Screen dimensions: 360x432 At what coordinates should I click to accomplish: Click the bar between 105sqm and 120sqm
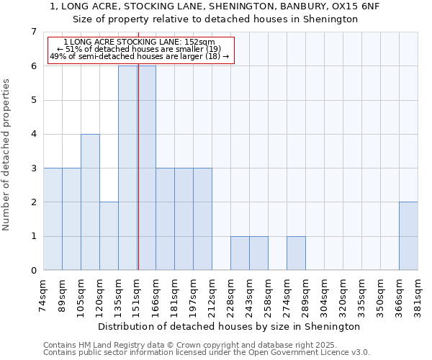click(90, 202)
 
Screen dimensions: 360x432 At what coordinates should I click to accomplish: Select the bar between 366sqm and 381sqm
click(408, 236)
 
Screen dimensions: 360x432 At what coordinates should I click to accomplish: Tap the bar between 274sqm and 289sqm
click(296, 253)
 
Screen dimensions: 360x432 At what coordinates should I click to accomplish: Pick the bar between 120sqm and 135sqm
click(109, 236)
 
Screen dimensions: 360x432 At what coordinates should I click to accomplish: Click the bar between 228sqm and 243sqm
click(240, 253)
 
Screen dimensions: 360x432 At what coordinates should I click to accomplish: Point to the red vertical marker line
click(138, 166)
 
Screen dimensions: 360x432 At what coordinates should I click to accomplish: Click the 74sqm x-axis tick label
click(45, 294)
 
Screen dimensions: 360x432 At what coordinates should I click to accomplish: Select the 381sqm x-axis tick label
click(418, 294)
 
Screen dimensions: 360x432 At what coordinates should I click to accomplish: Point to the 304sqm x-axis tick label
click(325, 294)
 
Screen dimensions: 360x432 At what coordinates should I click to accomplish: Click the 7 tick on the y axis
click(33, 32)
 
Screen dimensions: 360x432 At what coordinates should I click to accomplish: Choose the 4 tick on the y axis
click(33, 134)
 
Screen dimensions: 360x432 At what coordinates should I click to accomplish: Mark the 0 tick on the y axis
click(33, 271)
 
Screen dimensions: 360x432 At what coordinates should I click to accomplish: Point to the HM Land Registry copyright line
click(189, 345)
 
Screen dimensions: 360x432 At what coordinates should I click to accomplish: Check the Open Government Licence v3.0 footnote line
click(207, 353)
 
